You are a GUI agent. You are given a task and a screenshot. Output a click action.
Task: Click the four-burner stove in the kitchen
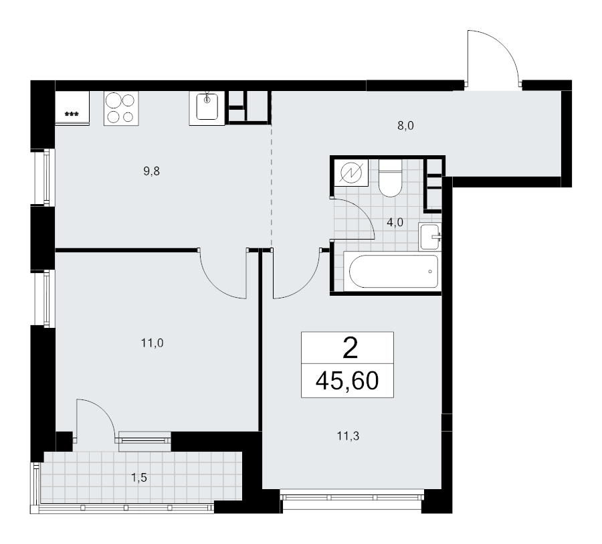click(x=121, y=108)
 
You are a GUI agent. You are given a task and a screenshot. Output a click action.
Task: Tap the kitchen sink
click(x=208, y=107)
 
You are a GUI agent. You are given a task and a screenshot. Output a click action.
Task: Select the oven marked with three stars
click(x=71, y=108)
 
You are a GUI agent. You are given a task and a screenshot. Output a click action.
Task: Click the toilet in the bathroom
click(x=389, y=179)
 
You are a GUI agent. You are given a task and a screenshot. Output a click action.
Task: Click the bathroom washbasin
click(x=430, y=236)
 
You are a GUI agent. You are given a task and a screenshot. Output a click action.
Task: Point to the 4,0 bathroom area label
click(x=395, y=222)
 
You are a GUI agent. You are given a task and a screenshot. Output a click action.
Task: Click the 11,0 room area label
click(x=153, y=343)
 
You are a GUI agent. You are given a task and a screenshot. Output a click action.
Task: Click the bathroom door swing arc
click(x=355, y=217)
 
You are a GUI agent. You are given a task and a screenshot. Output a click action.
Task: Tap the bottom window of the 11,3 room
click(x=352, y=497)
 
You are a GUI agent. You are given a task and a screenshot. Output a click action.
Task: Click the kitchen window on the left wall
click(x=43, y=178)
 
